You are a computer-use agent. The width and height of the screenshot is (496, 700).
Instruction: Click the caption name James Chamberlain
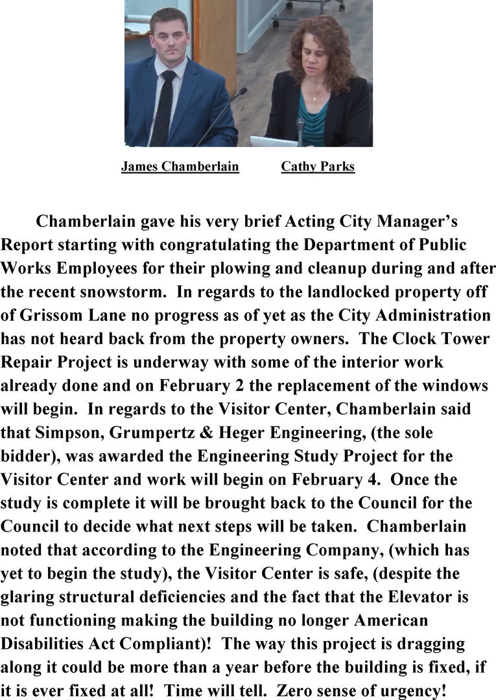(x=180, y=167)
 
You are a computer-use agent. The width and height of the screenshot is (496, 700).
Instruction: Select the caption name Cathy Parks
(x=318, y=167)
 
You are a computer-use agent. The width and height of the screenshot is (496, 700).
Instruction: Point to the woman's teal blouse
(x=314, y=120)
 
